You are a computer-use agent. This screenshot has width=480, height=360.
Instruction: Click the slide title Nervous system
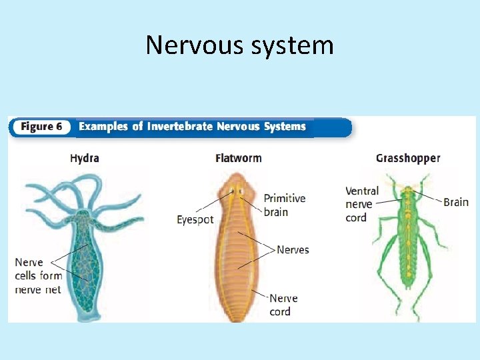239,45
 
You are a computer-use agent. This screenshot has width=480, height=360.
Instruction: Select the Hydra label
85,158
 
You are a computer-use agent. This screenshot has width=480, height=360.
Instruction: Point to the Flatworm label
238,158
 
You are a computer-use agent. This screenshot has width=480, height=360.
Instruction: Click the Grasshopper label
408,158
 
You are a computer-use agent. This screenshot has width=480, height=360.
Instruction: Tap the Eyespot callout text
195,219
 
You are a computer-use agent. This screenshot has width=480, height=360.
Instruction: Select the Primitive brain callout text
285,205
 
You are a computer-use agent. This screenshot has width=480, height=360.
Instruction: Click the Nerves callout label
293,249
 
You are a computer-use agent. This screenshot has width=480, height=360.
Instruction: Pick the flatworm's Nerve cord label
283,305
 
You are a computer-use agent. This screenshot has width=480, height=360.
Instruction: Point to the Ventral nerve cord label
362,204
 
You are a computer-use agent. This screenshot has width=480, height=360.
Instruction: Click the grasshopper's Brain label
456,201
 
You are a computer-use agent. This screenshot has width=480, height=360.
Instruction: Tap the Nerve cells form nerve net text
38,275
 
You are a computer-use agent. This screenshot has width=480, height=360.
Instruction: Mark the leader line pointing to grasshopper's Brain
429,197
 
